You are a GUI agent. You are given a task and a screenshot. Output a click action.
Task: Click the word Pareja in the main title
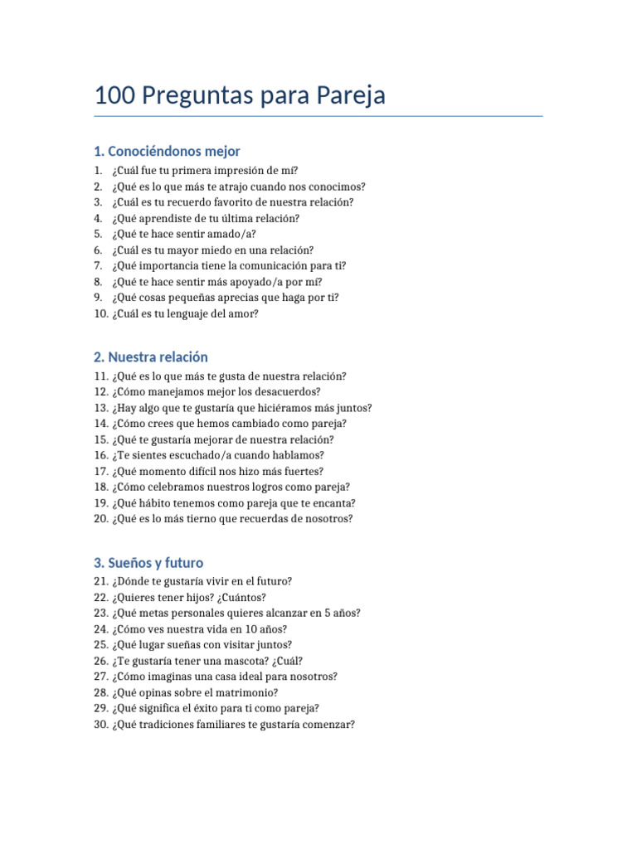pos(351,96)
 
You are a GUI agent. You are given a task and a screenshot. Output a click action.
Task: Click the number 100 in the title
pos(114,96)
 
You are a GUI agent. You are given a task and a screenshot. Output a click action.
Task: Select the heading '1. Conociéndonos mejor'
pos(167,151)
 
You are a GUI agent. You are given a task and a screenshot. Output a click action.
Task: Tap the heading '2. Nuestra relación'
pos(151,357)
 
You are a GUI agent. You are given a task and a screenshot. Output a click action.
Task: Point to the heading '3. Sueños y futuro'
pos(148,563)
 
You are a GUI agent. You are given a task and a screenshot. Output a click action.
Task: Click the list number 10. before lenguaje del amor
pos(101,313)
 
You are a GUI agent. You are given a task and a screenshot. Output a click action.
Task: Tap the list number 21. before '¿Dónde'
pos(101,581)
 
